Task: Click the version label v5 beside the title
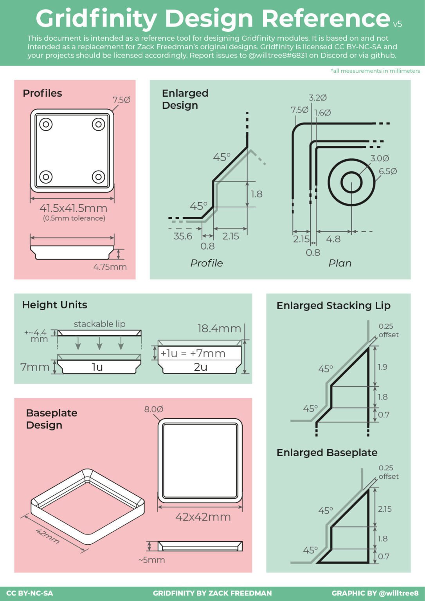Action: pos(397,24)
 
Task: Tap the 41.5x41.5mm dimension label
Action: pos(73,208)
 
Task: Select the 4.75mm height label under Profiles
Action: pos(110,267)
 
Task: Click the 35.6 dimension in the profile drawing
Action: pos(183,236)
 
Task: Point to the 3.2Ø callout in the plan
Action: pos(318,98)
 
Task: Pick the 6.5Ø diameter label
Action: pos(388,171)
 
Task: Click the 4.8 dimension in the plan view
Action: pos(333,239)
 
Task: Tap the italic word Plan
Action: pos(340,263)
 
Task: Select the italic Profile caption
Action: pos(207,263)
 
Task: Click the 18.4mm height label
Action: pos(219,329)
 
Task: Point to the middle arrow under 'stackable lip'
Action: pos(99,343)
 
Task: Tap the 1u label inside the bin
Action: pos(97,367)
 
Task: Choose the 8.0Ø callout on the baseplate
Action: pos(153,409)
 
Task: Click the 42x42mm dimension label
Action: pos(203,517)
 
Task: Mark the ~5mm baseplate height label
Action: pos(151,560)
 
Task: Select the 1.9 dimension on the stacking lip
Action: pos(383,367)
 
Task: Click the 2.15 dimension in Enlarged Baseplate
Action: pos(385,509)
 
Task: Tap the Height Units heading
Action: pos(54,305)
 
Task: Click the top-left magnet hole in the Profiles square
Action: pos(46,124)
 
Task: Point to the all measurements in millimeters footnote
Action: pos(375,71)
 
